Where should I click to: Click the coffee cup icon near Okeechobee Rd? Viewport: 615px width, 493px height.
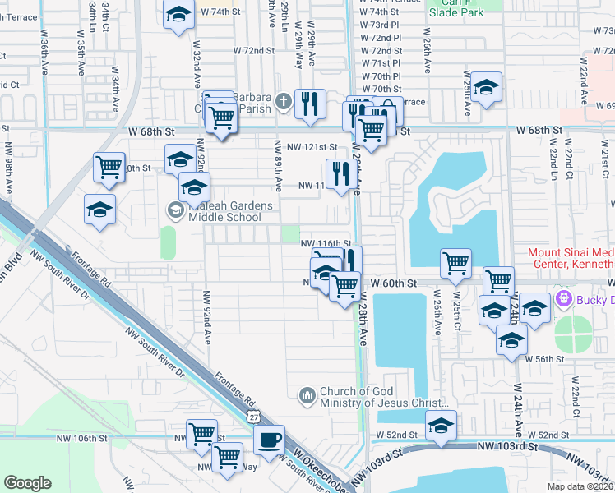(269, 439)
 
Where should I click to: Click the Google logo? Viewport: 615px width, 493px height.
(27, 483)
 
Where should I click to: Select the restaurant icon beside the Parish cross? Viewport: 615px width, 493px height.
(310, 104)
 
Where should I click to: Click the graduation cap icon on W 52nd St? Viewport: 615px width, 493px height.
(442, 426)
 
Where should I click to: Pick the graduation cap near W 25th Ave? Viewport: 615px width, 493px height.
(486, 88)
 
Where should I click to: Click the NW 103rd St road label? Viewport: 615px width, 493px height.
(506, 446)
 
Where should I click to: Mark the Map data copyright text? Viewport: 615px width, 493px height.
(579, 486)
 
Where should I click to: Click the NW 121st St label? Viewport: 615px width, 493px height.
(312, 146)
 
